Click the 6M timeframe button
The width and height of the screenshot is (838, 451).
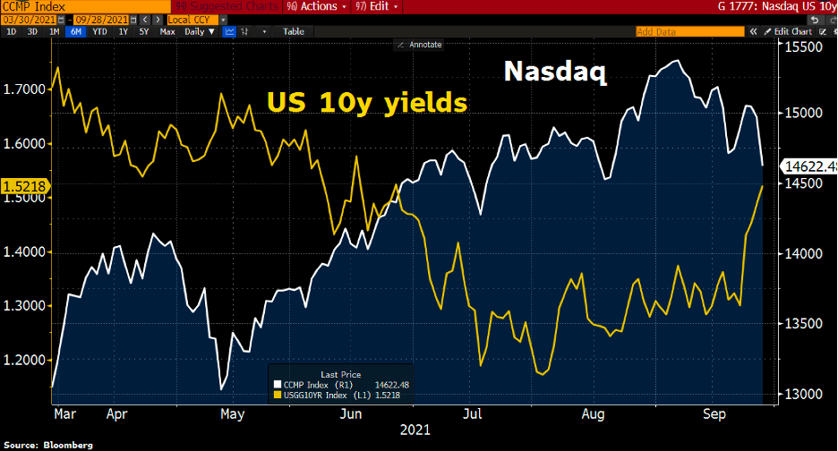pyautogui.click(x=75, y=31)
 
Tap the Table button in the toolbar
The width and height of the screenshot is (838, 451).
pyautogui.click(x=294, y=31)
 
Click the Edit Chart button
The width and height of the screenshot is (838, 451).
pyautogui.click(x=793, y=31)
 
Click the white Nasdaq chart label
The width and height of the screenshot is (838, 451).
pyautogui.click(x=555, y=72)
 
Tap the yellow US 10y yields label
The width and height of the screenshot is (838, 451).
pyautogui.click(x=368, y=103)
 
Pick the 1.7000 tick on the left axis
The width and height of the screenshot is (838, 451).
pyautogui.click(x=24, y=89)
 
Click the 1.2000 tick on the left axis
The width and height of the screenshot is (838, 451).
pyautogui.click(x=24, y=360)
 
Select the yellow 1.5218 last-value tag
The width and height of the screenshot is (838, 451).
pyautogui.click(x=25, y=186)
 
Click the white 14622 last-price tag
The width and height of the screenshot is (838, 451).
pyautogui.click(x=809, y=166)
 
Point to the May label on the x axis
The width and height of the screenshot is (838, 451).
pyautogui.click(x=232, y=414)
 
